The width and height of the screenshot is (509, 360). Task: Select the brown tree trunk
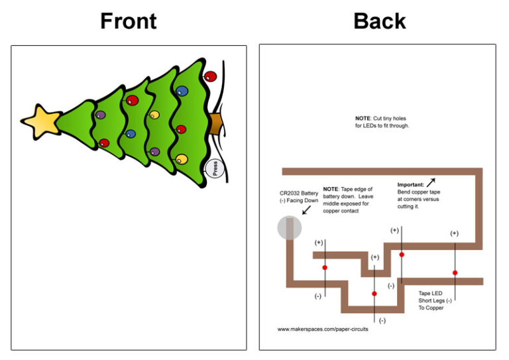pos(217,123)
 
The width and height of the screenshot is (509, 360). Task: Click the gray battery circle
pos(289,228)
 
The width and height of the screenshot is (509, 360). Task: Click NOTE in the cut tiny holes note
pos(363,119)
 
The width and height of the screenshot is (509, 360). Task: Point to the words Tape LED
pos(430,292)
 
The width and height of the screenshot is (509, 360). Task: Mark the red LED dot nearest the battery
pos(325,268)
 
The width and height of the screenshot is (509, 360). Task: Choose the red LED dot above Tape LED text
pos(455,272)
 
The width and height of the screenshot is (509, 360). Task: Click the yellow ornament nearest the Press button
pos(181,159)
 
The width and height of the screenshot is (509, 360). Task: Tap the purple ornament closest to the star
pos(101,115)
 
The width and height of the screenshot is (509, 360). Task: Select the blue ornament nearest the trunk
pos(182,91)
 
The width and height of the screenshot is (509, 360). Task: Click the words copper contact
pos(341,211)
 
